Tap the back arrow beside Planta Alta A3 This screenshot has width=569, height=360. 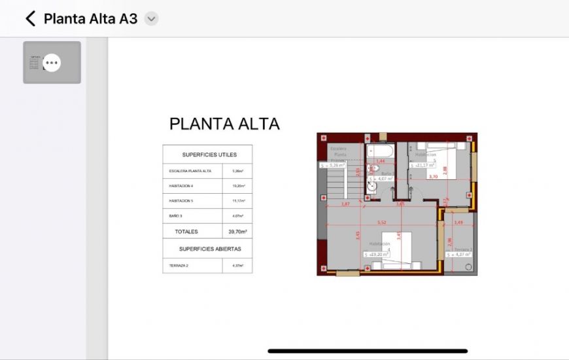click(30, 18)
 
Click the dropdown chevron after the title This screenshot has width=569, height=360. click(151, 18)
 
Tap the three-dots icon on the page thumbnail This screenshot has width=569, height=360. click(52, 62)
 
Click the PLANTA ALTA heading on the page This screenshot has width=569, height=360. click(224, 124)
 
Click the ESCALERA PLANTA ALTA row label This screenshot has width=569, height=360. click(190, 171)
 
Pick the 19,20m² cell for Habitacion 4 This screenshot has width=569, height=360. click(237, 186)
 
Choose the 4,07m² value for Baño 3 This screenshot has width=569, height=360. click(237, 216)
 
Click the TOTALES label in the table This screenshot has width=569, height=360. click(186, 232)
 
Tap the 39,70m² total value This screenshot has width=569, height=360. click(237, 232)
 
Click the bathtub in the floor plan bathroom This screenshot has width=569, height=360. click(379, 152)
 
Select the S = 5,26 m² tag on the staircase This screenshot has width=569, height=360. click(332, 166)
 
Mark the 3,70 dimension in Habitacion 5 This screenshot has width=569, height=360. click(432, 177)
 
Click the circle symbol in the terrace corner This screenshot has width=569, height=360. click(468, 267)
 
